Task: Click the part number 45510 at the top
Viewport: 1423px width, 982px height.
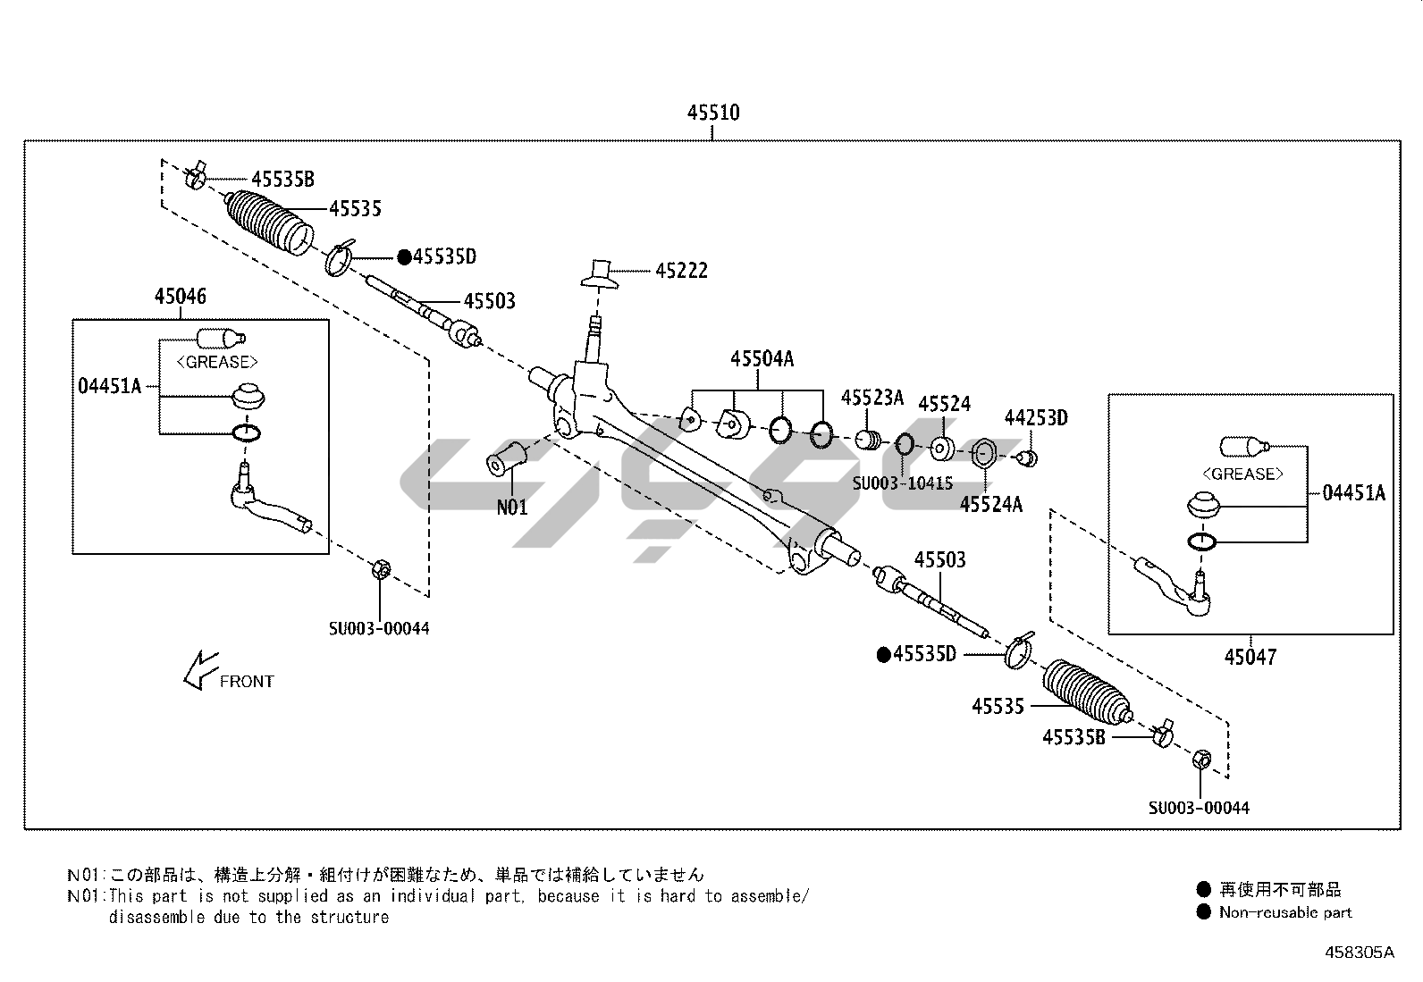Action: tap(712, 113)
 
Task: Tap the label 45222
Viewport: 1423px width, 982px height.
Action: tap(681, 271)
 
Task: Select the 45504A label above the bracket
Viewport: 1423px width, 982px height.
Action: tap(762, 359)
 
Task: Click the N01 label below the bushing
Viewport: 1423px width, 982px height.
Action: tap(512, 508)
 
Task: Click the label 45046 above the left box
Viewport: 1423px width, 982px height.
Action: tap(180, 297)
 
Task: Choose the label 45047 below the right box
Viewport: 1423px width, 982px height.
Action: tap(1250, 658)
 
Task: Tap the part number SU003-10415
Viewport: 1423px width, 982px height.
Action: tap(902, 483)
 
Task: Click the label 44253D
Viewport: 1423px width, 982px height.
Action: tap(1035, 418)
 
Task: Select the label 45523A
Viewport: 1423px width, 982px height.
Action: tap(871, 398)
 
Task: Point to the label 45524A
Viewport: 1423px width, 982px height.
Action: tap(990, 505)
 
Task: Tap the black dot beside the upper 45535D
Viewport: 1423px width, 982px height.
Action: tap(404, 257)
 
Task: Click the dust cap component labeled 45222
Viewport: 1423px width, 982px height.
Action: tap(601, 273)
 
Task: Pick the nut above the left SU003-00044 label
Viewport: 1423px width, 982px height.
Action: tap(378, 568)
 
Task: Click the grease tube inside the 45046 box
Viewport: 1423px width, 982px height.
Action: tap(220, 338)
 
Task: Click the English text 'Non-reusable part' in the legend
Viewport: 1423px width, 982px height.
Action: tap(1284, 912)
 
